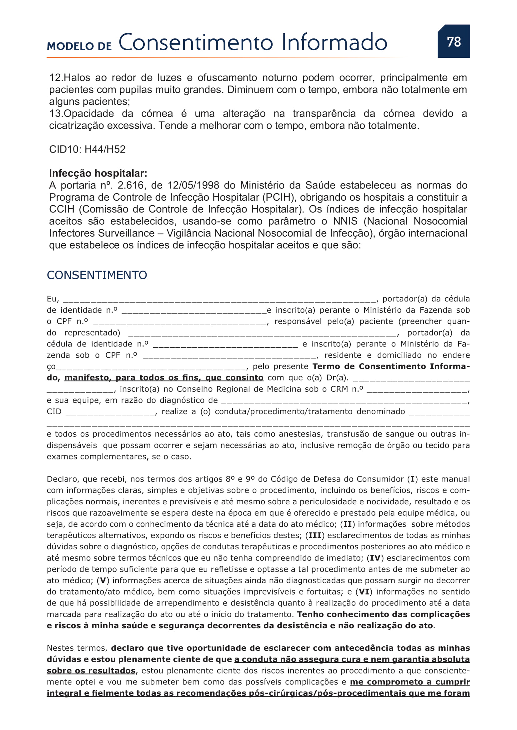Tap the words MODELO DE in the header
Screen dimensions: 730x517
(79, 46)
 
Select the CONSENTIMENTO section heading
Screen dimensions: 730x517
(97, 275)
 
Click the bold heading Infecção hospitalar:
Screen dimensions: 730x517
(98, 173)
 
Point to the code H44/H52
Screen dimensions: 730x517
(105, 149)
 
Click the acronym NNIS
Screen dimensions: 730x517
(345, 221)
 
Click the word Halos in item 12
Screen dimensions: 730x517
(77, 78)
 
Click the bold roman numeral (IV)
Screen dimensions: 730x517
(375, 558)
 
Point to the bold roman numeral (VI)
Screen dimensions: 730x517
(364, 592)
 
